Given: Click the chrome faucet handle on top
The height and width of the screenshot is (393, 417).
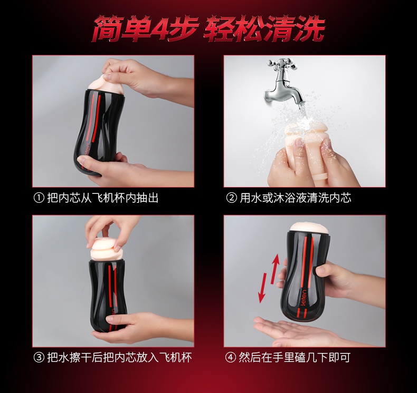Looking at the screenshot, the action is tap(282, 64).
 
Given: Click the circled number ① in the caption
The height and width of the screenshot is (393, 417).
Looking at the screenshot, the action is tap(39, 198).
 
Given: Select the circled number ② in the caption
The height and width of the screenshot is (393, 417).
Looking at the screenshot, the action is tap(231, 198).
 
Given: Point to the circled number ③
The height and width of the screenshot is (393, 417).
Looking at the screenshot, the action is tap(39, 358).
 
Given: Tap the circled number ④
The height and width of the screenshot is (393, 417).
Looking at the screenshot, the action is tap(231, 358).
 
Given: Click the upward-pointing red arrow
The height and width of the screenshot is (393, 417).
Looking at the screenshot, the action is tap(275, 269).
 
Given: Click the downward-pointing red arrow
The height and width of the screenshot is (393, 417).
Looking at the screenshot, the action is tap(263, 288).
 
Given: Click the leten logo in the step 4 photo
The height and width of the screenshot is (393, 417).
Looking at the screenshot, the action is tap(304, 297).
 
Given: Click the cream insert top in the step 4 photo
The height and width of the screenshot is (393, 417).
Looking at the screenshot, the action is tap(309, 228).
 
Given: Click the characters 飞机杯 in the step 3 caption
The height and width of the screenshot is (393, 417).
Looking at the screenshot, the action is tap(175, 358).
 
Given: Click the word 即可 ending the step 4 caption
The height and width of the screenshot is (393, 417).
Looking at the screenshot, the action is tap(339, 358).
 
